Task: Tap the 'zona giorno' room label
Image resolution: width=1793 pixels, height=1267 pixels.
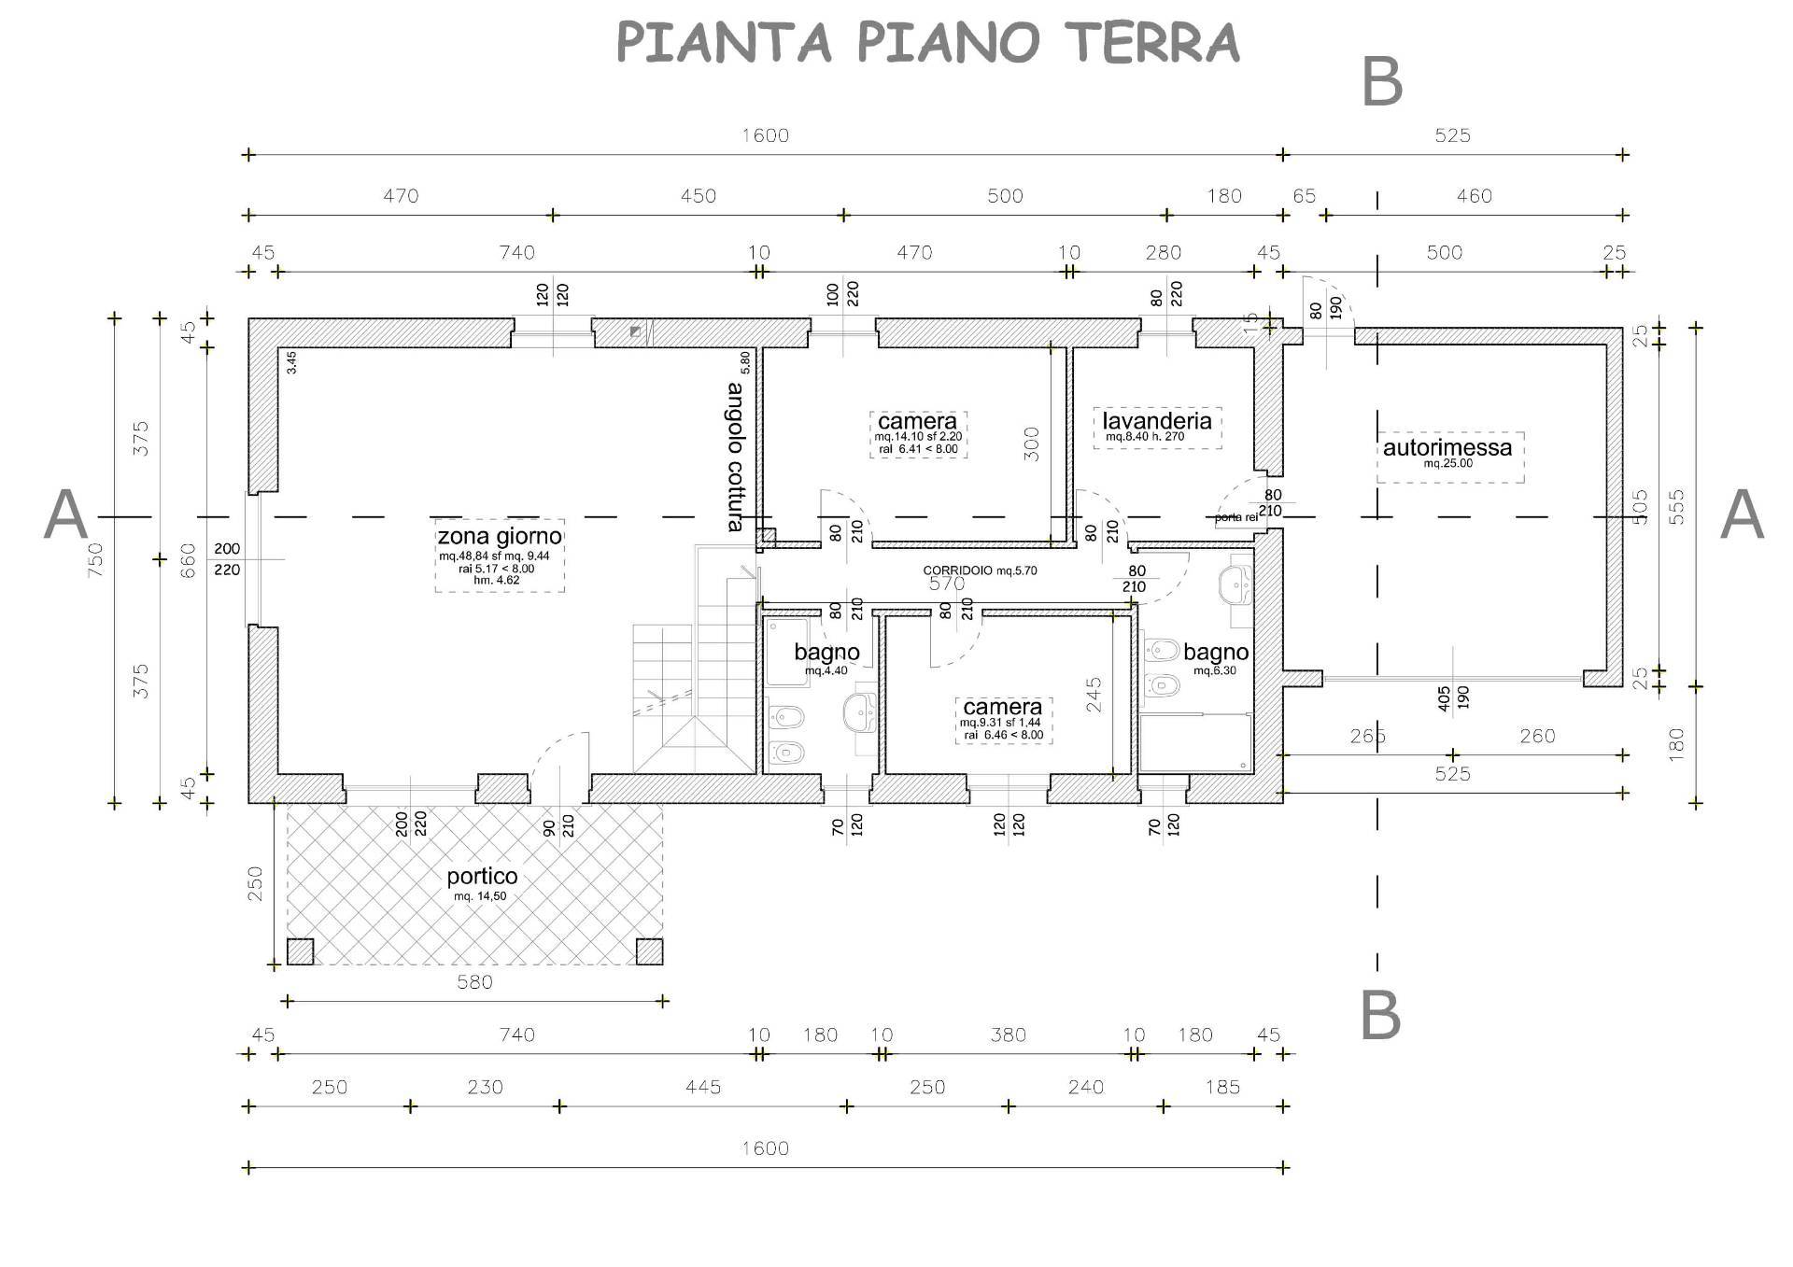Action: click(500, 536)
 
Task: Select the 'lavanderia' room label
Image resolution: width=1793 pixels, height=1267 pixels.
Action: click(1157, 420)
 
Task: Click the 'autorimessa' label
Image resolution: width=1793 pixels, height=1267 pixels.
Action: click(1447, 447)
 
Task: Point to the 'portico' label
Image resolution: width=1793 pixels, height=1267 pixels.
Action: click(482, 877)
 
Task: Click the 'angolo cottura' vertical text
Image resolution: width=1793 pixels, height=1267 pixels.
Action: click(736, 457)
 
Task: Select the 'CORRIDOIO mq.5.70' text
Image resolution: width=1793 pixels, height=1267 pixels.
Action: click(980, 570)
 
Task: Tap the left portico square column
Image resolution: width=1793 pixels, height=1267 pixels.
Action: click(300, 951)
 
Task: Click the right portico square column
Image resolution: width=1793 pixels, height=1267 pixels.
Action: click(649, 951)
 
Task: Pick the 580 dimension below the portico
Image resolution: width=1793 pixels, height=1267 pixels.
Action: click(474, 981)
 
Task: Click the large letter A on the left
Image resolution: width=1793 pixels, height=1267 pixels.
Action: click(66, 515)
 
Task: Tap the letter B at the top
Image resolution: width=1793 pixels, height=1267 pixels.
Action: click(1382, 82)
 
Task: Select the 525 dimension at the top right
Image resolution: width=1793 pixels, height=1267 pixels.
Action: click(1452, 135)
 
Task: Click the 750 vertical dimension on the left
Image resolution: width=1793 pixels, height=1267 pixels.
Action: click(95, 560)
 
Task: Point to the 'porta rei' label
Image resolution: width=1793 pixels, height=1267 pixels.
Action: click(1235, 517)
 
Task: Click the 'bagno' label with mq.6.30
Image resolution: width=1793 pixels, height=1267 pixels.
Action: click(1216, 652)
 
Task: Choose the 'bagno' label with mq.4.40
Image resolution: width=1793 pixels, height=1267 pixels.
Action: click(826, 652)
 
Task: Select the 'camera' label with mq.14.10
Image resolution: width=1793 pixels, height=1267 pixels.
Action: click(917, 421)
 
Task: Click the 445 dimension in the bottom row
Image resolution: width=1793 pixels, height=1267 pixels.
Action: click(702, 1087)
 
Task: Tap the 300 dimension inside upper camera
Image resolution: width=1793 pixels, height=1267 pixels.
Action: click(1031, 443)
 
